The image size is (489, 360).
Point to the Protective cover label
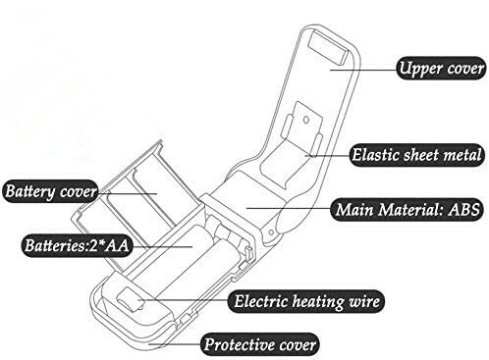pyautogui.click(x=260, y=345)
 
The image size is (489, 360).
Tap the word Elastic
pyautogui.click(x=374, y=153)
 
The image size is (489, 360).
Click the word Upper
pyautogui.click(x=414, y=69)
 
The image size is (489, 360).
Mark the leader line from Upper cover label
pyautogui.click(x=363, y=67)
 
